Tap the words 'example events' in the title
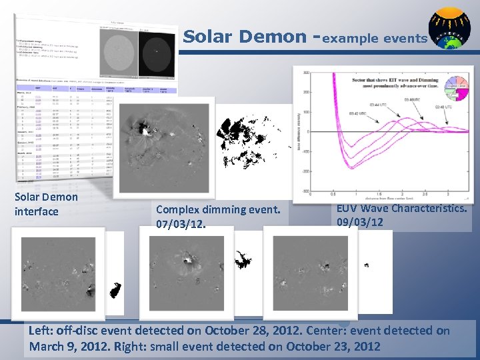[x=375, y=38]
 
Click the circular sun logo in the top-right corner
[x=449, y=29]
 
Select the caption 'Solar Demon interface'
[x=46, y=204]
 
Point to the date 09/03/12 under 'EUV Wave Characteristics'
[x=360, y=222]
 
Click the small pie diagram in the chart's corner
[x=457, y=91]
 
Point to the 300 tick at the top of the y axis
[x=305, y=73]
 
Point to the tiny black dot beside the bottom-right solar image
[x=366, y=265]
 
